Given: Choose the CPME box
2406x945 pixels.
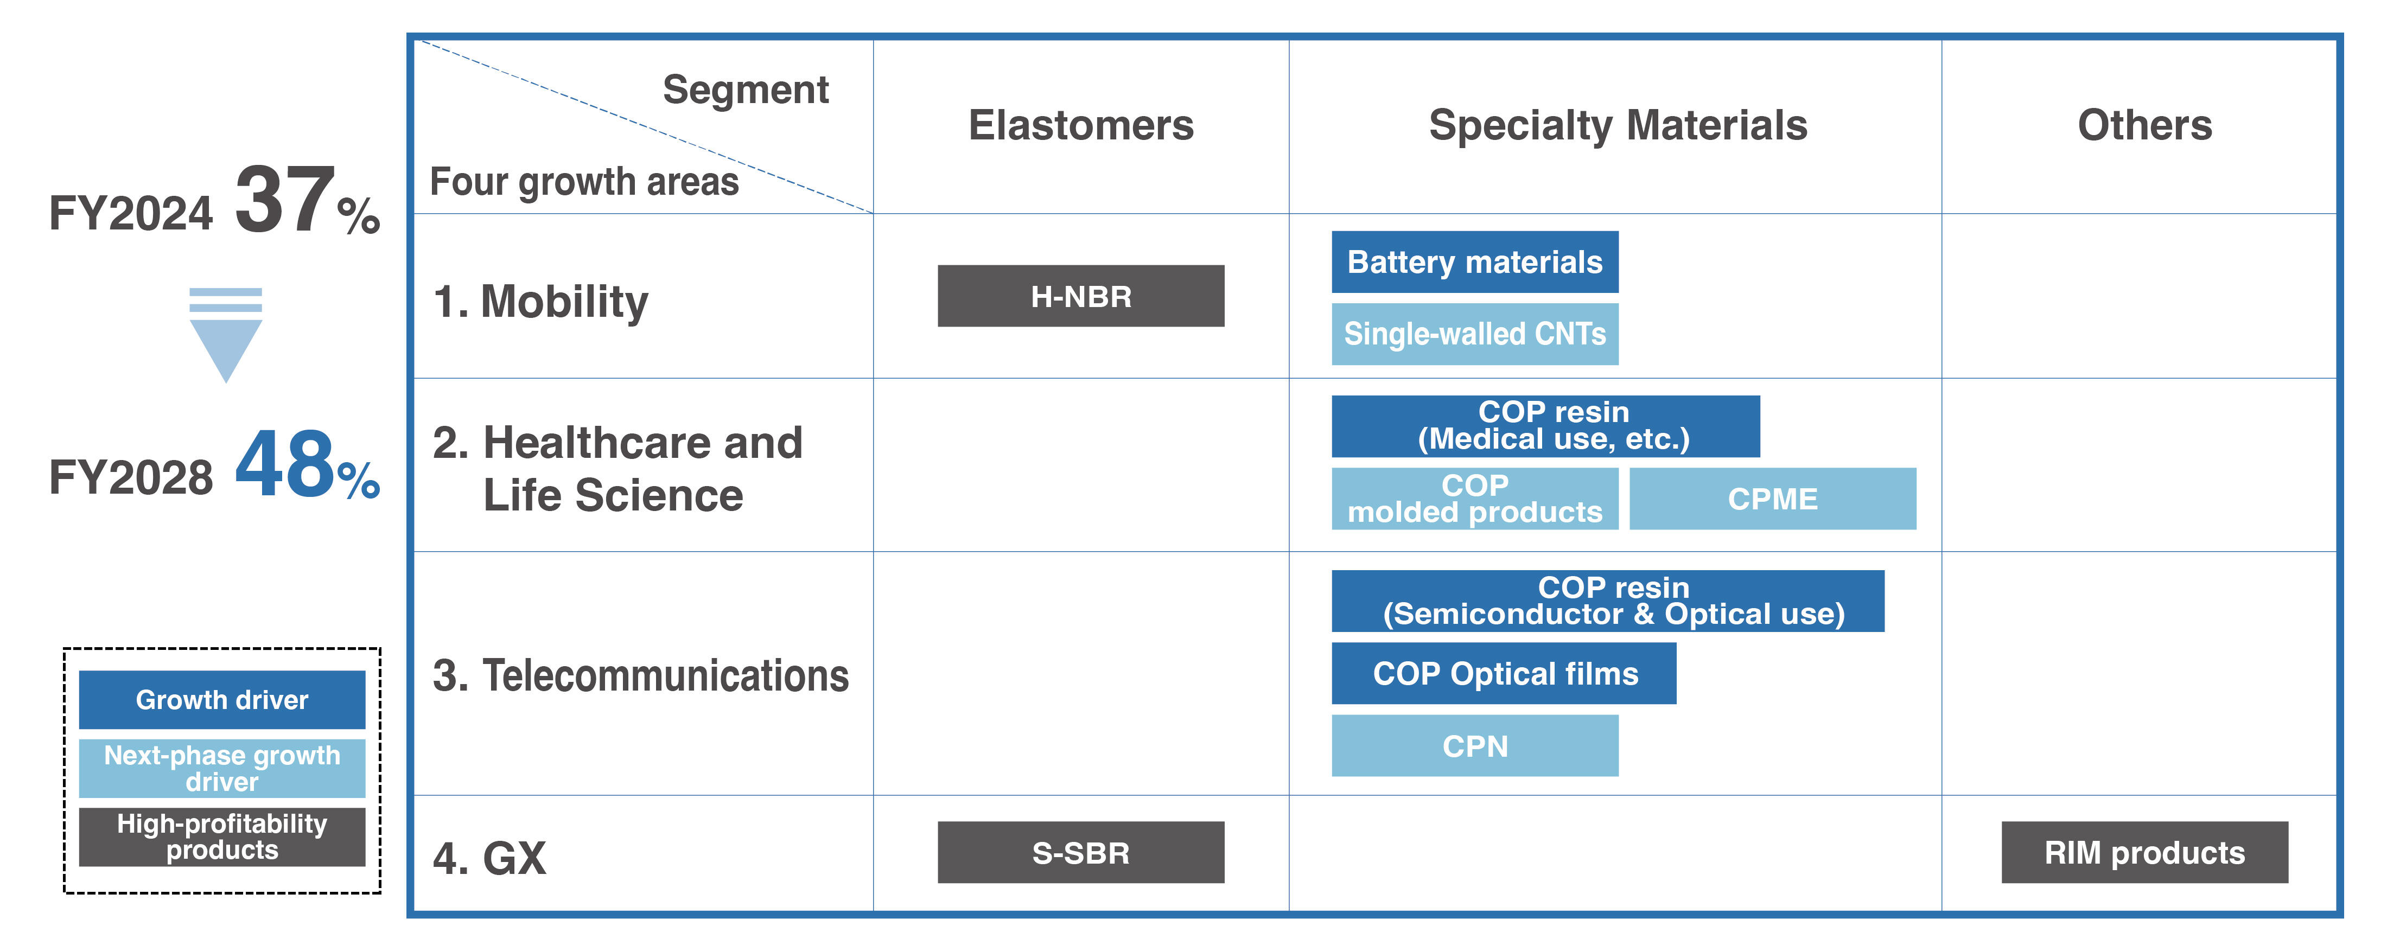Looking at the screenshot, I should [1772, 499].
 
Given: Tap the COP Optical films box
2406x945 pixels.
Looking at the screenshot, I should [1503, 673].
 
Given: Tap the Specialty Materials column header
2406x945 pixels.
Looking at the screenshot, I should [1617, 125].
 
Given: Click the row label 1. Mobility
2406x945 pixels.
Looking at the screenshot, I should [541, 302].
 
